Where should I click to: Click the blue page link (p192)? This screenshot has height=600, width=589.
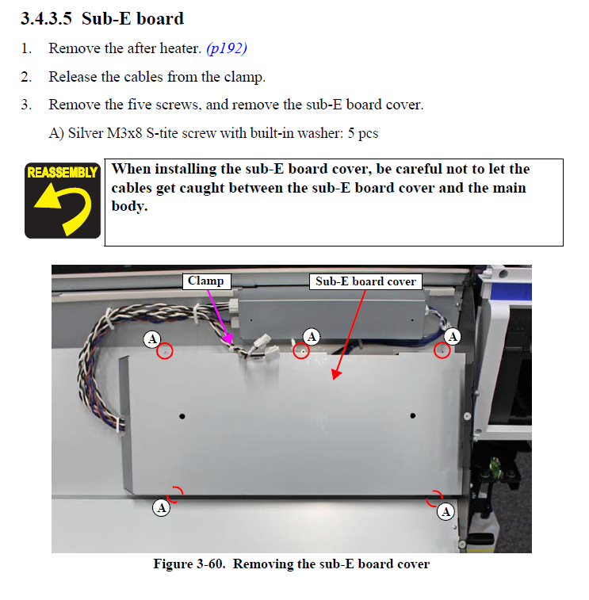227,48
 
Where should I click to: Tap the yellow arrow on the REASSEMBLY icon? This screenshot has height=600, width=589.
60,208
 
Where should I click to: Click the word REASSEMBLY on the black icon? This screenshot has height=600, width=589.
62,172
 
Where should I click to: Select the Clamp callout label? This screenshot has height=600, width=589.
205,281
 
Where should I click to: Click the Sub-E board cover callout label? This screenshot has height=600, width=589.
365,281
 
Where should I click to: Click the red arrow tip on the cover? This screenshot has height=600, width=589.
335,377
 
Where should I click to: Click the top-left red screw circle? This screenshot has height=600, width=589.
165,350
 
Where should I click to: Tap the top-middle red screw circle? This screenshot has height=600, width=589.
300,349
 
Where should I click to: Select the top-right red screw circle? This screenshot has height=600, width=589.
442,350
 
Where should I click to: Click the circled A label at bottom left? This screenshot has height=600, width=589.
161,507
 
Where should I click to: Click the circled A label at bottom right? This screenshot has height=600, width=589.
446,511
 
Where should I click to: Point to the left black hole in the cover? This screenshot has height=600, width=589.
182,415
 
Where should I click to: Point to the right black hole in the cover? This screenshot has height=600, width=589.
413,415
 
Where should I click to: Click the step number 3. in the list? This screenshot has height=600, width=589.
26,105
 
